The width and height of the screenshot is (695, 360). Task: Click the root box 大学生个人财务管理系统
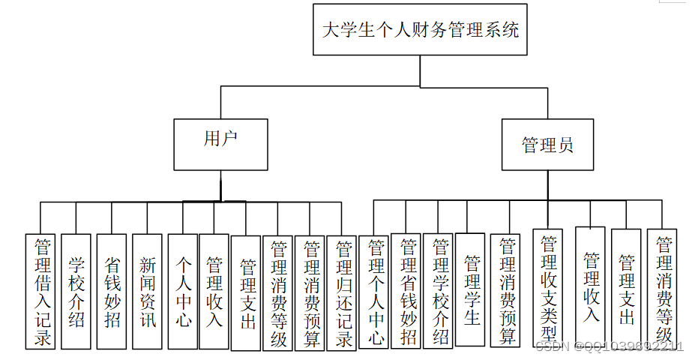point(420,30)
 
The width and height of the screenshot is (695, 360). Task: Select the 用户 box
point(220,144)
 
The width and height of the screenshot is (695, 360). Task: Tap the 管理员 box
point(548,144)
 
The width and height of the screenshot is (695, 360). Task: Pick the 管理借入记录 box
point(40,292)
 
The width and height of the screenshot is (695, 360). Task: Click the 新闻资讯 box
point(147,292)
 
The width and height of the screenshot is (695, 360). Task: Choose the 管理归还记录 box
point(343,293)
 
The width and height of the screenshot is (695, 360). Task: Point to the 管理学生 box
point(470,289)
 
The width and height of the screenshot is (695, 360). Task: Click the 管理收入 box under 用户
point(214,292)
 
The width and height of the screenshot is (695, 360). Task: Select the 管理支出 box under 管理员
point(626,288)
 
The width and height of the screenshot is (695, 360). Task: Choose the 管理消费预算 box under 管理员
point(507,292)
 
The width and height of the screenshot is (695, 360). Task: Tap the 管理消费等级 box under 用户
point(278,293)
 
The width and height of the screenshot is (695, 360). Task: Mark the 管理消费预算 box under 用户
point(310,293)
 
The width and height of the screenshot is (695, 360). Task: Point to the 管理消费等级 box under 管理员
point(662,288)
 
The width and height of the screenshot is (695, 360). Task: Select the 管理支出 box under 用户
point(246,293)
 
